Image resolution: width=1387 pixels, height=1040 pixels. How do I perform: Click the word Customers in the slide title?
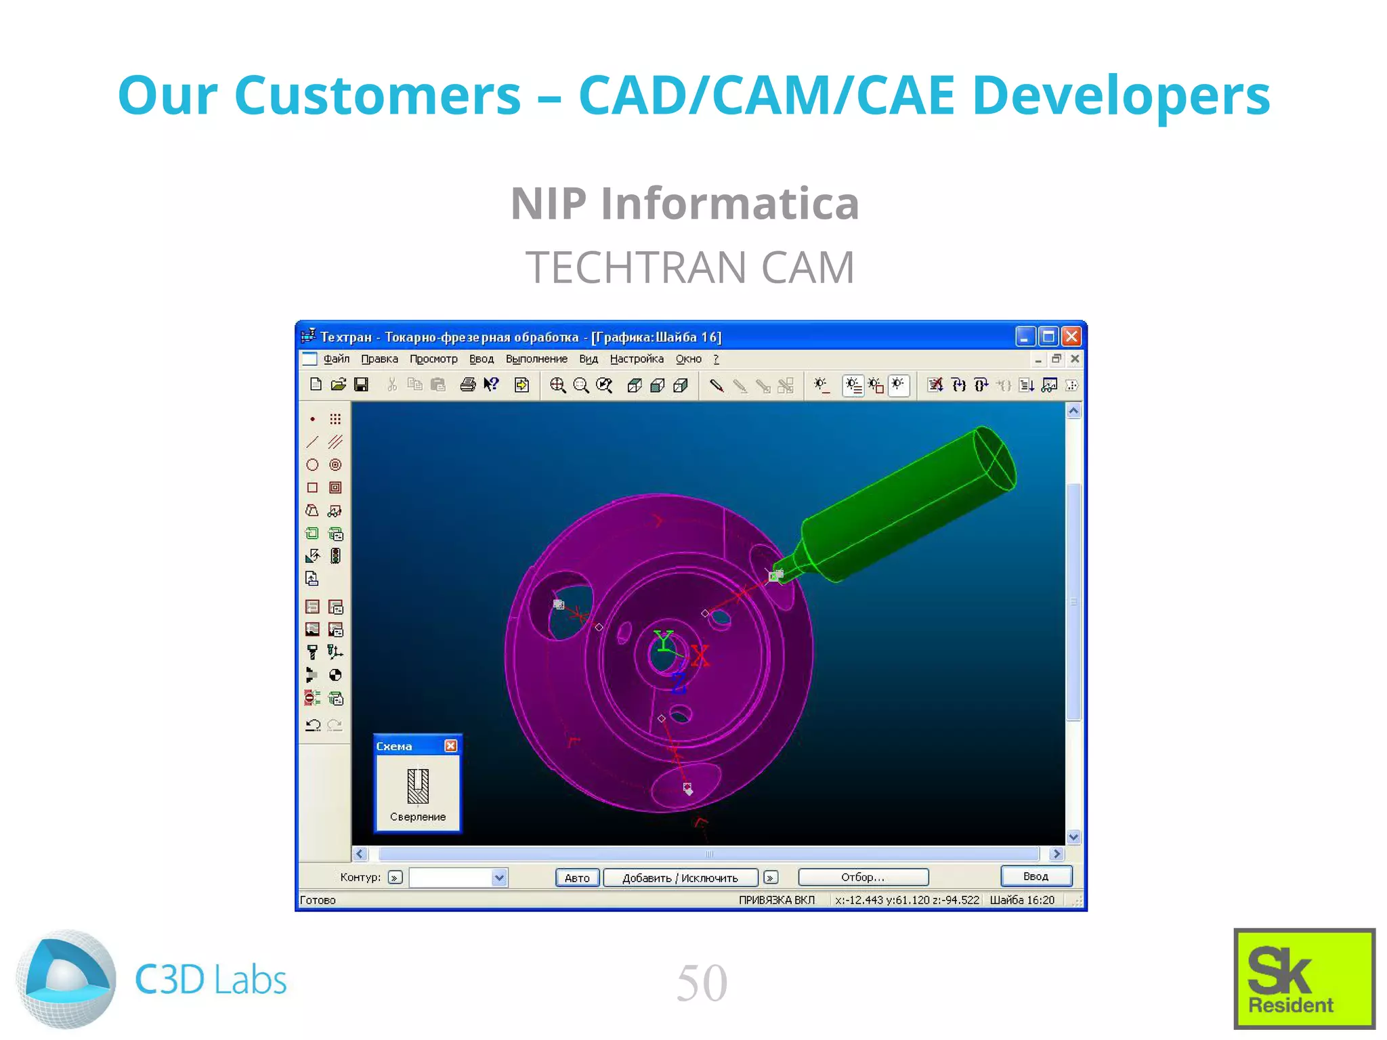[377, 95]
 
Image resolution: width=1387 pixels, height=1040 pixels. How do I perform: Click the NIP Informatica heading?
[685, 203]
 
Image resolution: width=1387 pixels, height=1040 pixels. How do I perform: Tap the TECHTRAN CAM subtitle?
[690, 267]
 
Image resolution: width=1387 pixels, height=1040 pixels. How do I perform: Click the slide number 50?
[702, 982]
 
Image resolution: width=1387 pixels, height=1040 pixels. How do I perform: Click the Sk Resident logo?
[1304, 978]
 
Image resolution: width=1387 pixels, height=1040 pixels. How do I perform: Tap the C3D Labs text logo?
[211, 980]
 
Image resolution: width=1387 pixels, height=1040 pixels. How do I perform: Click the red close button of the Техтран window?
[1071, 337]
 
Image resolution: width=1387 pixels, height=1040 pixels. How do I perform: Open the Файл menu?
[336, 359]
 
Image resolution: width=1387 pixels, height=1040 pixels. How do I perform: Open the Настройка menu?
[636, 359]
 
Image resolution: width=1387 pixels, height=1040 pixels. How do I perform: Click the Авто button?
[577, 877]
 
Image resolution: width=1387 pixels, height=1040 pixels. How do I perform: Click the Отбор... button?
[863, 877]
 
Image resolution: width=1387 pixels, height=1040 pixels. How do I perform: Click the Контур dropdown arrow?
[499, 877]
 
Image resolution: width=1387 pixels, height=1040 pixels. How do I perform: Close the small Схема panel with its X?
[450, 745]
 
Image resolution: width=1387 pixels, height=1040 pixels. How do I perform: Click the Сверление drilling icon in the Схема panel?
[418, 785]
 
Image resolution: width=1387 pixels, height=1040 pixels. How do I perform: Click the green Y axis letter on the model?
[663, 640]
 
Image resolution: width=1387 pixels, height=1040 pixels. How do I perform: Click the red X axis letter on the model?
[700, 655]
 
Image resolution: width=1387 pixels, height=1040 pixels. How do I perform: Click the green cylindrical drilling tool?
[908, 501]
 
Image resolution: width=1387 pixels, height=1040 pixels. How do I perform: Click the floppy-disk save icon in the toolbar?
[362, 385]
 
